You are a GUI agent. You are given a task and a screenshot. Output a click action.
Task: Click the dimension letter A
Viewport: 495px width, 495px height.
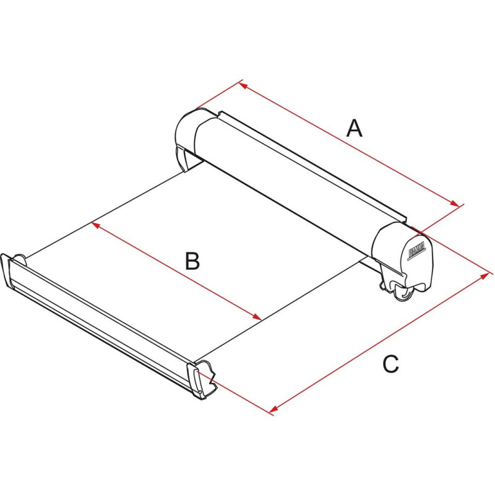coord(354,128)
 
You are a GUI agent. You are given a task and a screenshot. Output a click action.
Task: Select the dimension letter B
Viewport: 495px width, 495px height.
coord(192,262)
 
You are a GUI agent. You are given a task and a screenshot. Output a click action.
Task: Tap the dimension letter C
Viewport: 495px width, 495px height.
coord(390,364)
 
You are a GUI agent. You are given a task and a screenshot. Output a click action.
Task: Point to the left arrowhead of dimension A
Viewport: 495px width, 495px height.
coord(243,84)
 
